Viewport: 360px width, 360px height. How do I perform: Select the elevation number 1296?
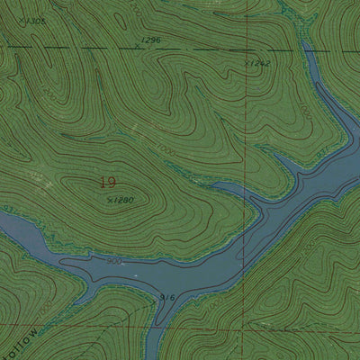[x=151, y=40]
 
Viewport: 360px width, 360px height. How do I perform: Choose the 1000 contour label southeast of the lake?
[x=309, y=245]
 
